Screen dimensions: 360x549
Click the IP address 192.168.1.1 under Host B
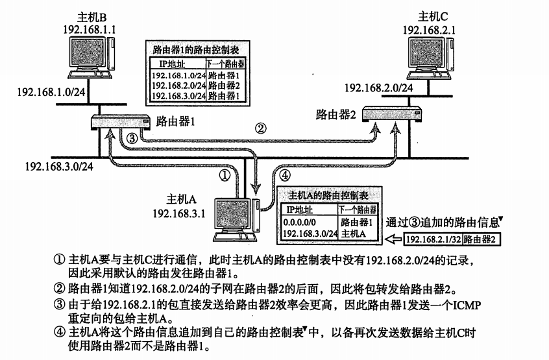(90, 30)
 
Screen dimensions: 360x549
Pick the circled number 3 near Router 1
(131, 139)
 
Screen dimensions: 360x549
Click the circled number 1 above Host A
(225, 174)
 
